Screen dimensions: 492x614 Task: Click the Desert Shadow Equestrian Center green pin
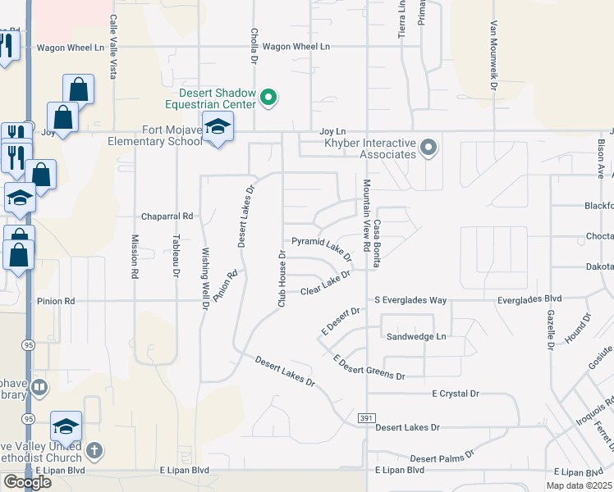click(268, 99)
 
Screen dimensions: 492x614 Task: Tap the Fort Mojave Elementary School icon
click(218, 127)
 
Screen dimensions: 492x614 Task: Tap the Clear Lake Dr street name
click(325, 284)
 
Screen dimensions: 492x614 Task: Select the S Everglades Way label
click(410, 301)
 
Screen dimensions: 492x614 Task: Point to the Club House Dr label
click(282, 279)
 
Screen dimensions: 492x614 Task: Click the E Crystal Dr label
click(456, 394)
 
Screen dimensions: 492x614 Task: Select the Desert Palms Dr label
click(442, 456)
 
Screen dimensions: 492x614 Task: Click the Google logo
click(27, 481)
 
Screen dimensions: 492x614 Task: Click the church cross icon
click(94, 450)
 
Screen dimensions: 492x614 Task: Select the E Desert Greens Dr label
click(369, 367)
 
